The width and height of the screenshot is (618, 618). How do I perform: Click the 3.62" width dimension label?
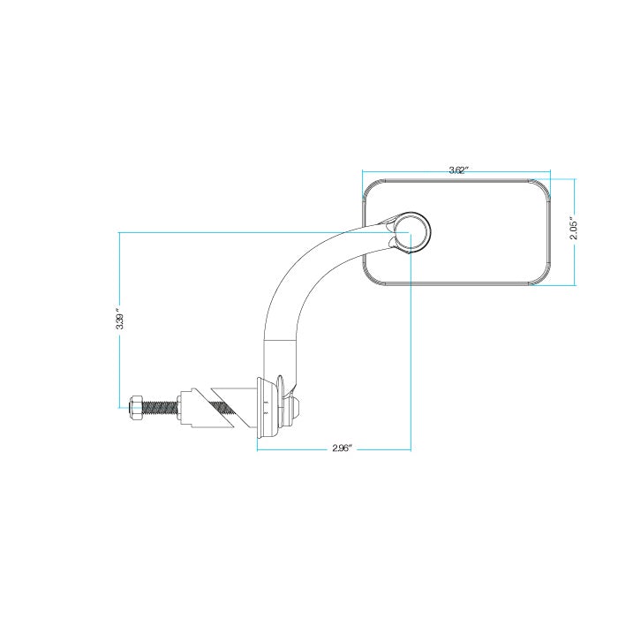458,170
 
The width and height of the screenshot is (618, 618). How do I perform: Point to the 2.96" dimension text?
342,448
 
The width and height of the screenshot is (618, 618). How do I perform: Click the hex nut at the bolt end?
135,408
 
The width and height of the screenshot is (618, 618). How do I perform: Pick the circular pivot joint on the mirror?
412,232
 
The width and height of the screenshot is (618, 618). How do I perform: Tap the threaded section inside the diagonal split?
224,409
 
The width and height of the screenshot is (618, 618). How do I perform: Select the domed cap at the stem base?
295,408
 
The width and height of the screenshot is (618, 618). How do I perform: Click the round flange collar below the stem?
268,408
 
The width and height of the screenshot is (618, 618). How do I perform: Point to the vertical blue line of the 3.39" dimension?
120,320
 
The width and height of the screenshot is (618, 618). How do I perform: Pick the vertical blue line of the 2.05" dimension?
575,232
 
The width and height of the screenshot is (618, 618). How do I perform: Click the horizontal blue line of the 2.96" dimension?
334,449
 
